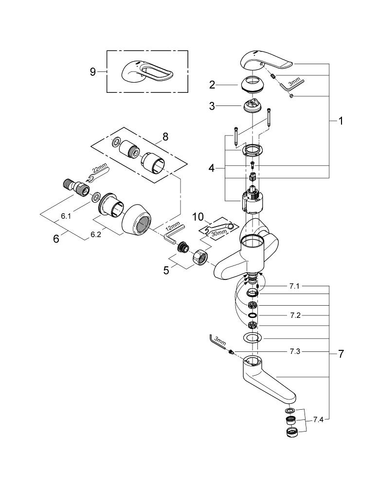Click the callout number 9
pos(92,71)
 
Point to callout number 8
pos(165,137)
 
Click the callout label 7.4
pos(318,419)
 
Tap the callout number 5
pos(166,270)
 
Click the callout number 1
pos(341,121)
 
